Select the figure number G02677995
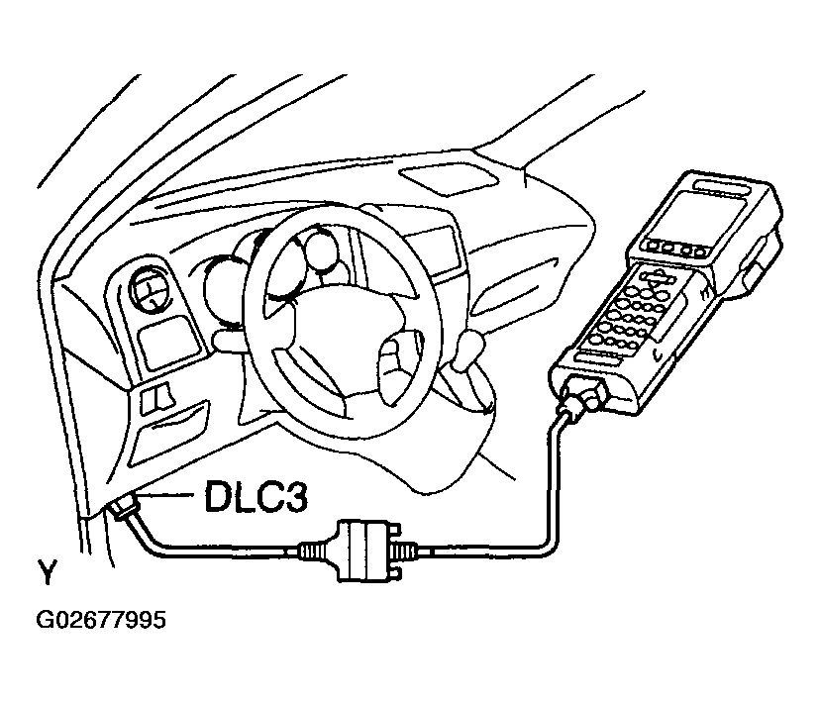coord(101,621)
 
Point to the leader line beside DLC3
coord(168,496)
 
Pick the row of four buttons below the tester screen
coord(666,249)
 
